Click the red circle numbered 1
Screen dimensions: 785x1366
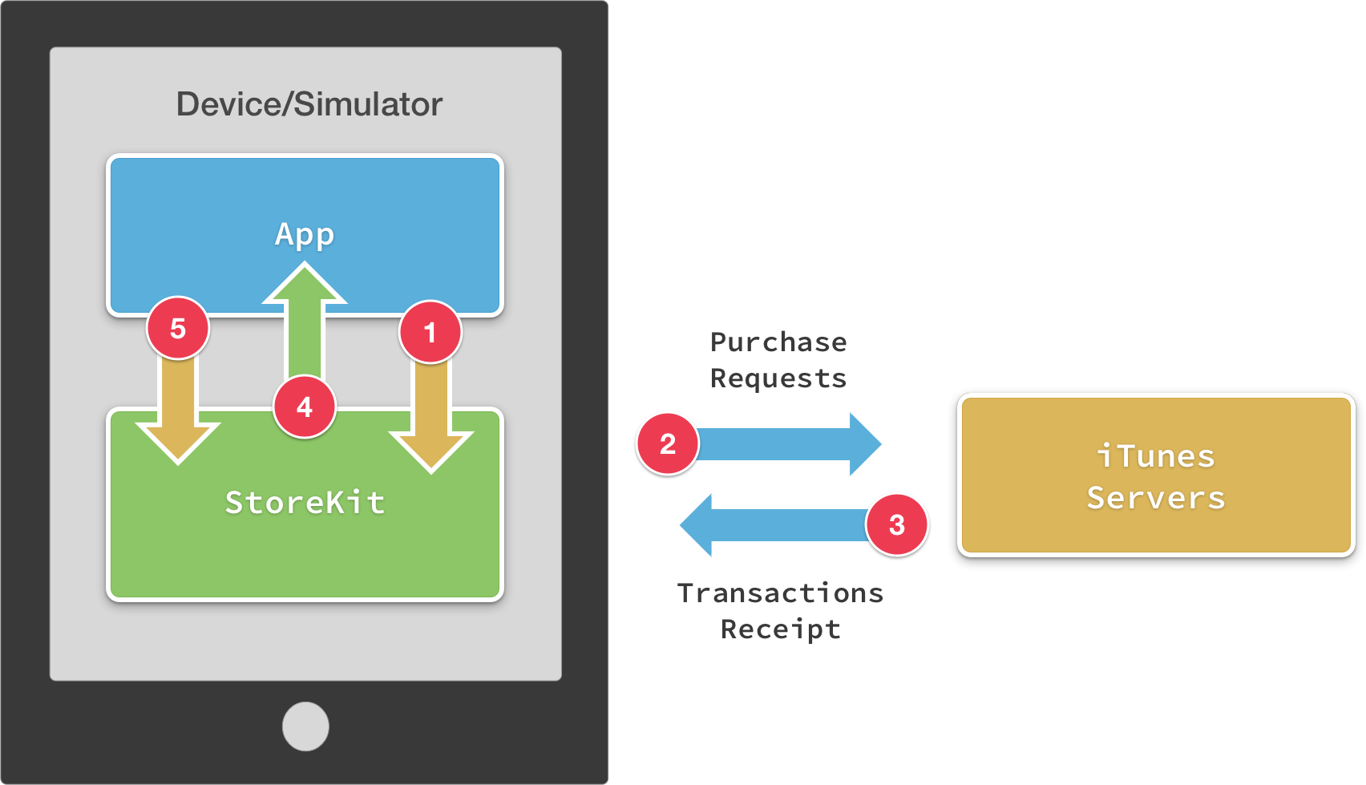point(430,332)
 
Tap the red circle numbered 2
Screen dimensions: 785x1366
point(667,443)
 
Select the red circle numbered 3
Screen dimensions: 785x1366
point(897,525)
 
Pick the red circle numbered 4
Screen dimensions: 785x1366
point(305,407)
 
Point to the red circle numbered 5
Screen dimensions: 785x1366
point(178,329)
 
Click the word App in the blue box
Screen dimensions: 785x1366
point(305,235)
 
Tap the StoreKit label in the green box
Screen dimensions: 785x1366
point(305,503)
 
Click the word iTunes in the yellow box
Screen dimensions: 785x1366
point(1155,456)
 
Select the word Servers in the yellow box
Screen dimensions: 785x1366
point(1155,498)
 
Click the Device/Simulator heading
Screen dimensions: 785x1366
point(309,104)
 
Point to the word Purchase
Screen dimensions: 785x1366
point(778,342)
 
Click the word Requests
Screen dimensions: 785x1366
point(778,378)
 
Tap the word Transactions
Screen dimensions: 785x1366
point(780,593)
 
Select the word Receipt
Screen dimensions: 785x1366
point(780,629)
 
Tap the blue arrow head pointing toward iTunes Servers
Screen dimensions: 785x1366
point(866,443)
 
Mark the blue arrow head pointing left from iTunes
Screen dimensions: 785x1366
point(696,525)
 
